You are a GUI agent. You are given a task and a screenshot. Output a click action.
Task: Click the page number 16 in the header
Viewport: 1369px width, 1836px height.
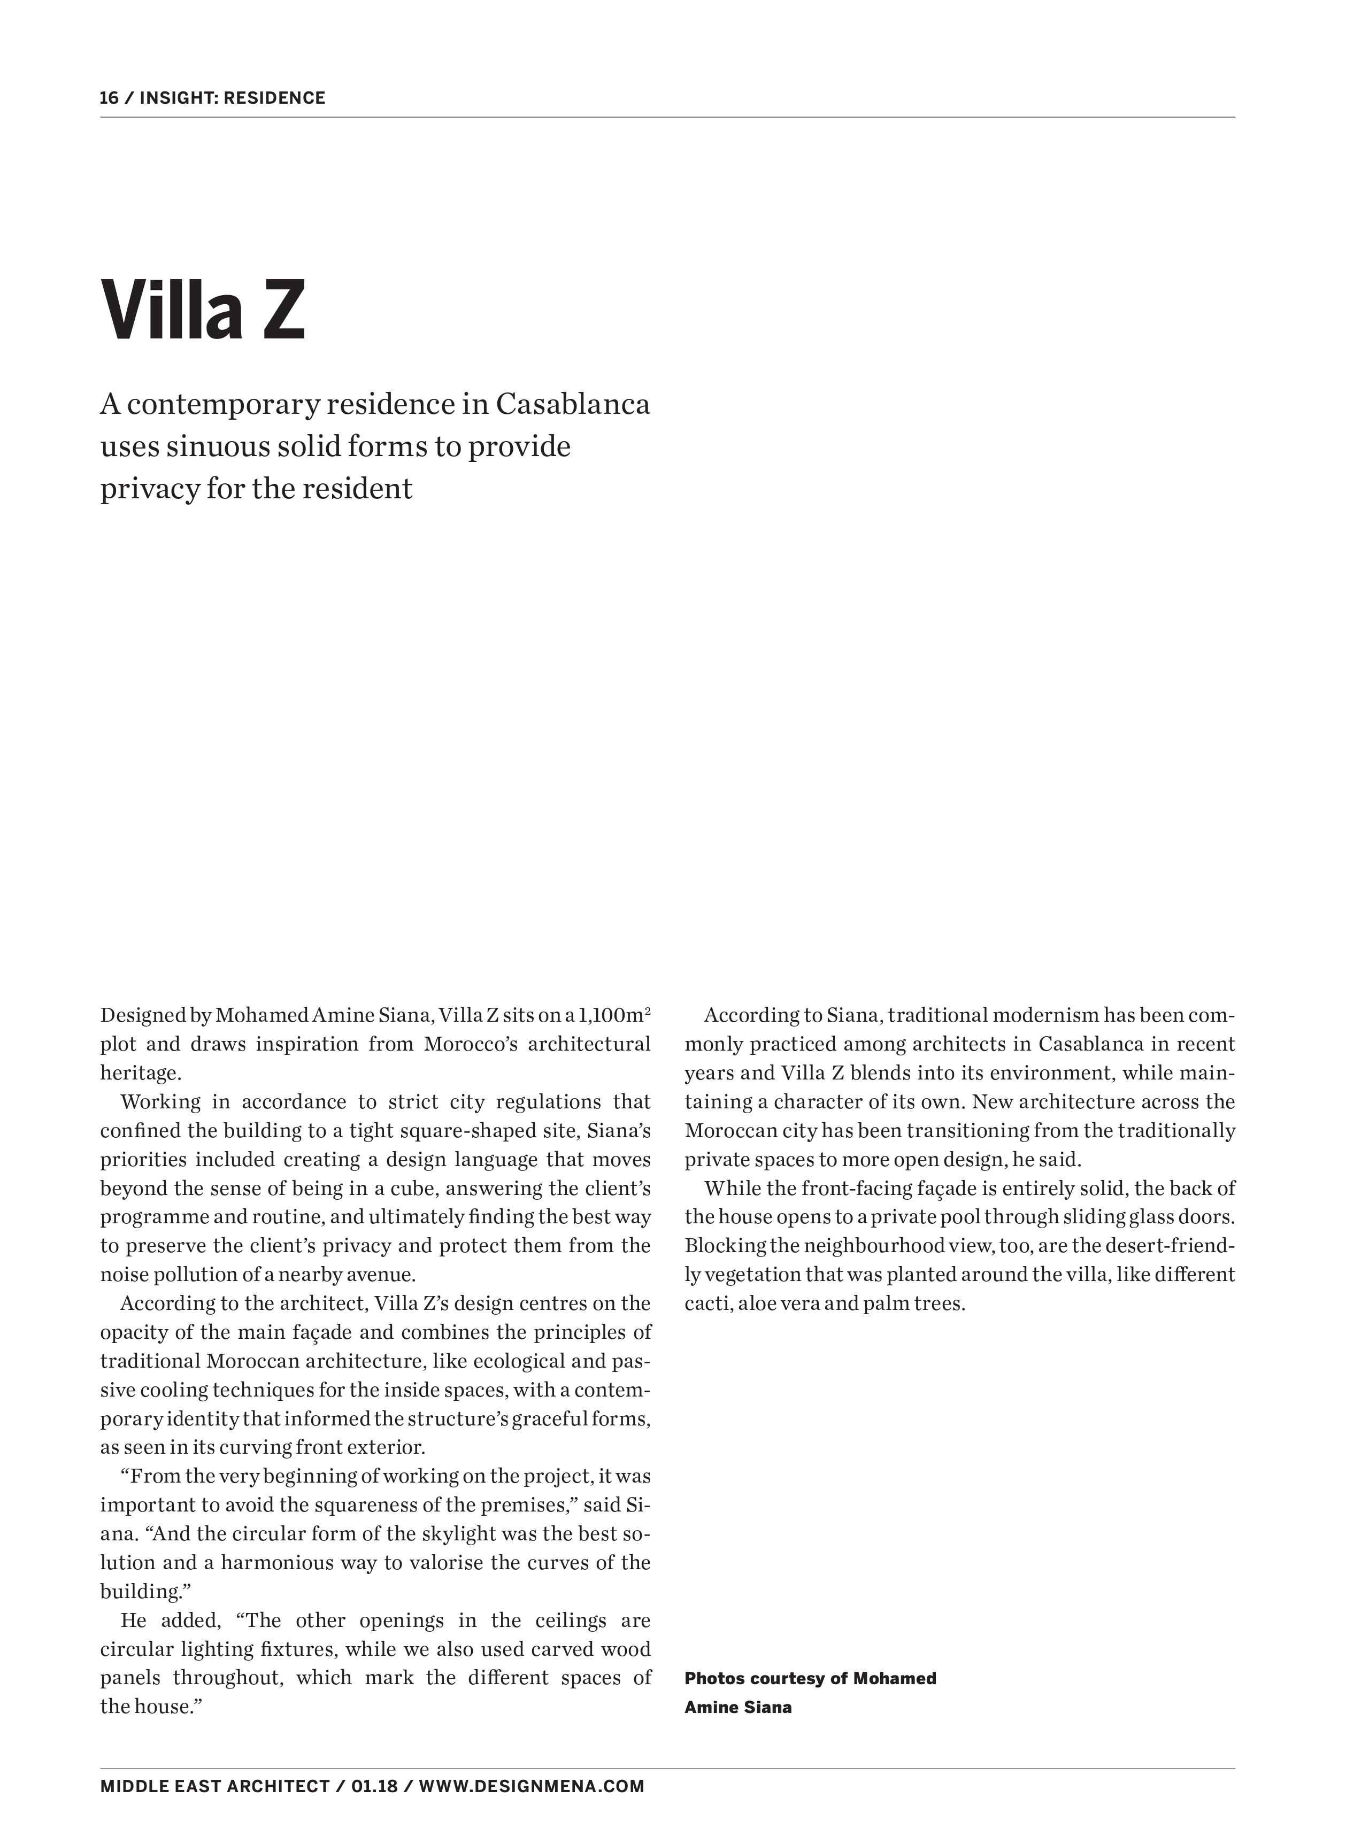click(x=109, y=98)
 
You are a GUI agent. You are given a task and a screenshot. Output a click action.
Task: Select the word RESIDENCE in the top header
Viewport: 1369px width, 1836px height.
click(x=274, y=98)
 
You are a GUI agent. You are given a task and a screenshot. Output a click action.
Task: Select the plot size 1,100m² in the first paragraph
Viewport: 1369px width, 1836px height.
click(x=614, y=1015)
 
